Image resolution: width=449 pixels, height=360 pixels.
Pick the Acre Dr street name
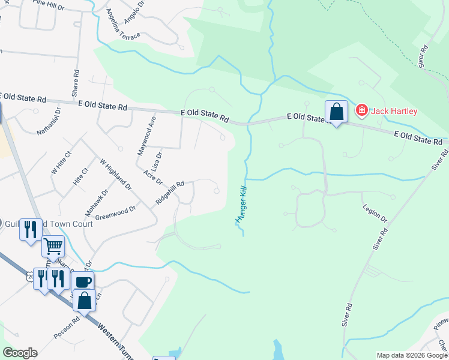pos(154,177)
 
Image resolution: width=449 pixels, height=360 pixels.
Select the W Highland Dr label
pos(115,175)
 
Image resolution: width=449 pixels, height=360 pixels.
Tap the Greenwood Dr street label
pos(116,212)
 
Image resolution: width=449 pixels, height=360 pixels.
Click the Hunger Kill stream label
pos(242,204)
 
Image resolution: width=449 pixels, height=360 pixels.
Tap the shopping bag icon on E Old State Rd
pos(336,112)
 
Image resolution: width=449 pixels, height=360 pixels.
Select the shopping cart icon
pos(53,246)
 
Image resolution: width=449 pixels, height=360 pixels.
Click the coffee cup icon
pos(83,281)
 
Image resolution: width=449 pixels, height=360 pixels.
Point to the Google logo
pos(19,353)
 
